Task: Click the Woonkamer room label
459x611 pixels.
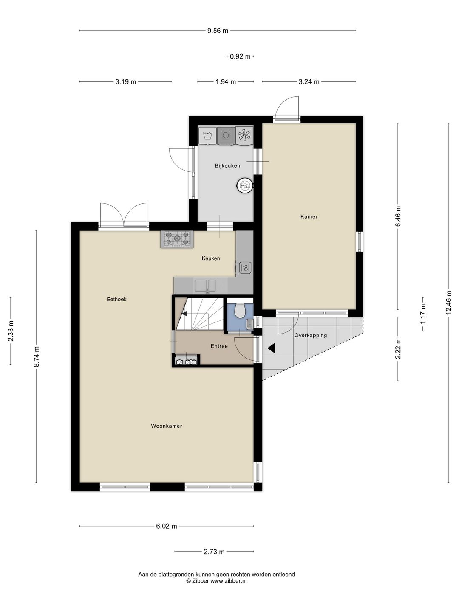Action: pyautogui.click(x=166, y=426)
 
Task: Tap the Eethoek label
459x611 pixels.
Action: pyautogui.click(x=117, y=299)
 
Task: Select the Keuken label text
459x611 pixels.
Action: pyautogui.click(x=211, y=258)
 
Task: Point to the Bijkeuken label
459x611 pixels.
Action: pyautogui.click(x=227, y=165)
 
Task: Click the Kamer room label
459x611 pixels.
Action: pyautogui.click(x=309, y=216)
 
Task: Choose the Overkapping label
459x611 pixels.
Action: pyautogui.click(x=310, y=335)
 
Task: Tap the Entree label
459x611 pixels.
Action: pyautogui.click(x=219, y=346)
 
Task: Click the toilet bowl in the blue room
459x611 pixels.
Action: pyautogui.click(x=240, y=311)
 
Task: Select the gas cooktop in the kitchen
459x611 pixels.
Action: pyautogui.click(x=177, y=239)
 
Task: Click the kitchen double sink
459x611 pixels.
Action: pyautogui.click(x=205, y=286)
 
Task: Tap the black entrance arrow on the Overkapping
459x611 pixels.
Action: pyautogui.click(x=272, y=348)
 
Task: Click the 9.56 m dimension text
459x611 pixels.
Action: pyautogui.click(x=218, y=31)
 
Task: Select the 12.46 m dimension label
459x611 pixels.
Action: pyautogui.click(x=448, y=303)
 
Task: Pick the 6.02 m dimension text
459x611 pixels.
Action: pyautogui.click(x=167, y=526)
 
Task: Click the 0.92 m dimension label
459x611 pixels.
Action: pyautogui.click(x=240, y=56)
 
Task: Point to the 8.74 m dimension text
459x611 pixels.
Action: pyautogui.click(x=37, y=356)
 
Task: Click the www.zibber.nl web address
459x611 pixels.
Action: pyautogui.click(x=229, y=580)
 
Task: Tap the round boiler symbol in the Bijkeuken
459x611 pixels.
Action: pyautogui.click(x=245, y=185)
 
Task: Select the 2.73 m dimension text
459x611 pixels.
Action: pyautogui.click(x=214, y=552)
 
